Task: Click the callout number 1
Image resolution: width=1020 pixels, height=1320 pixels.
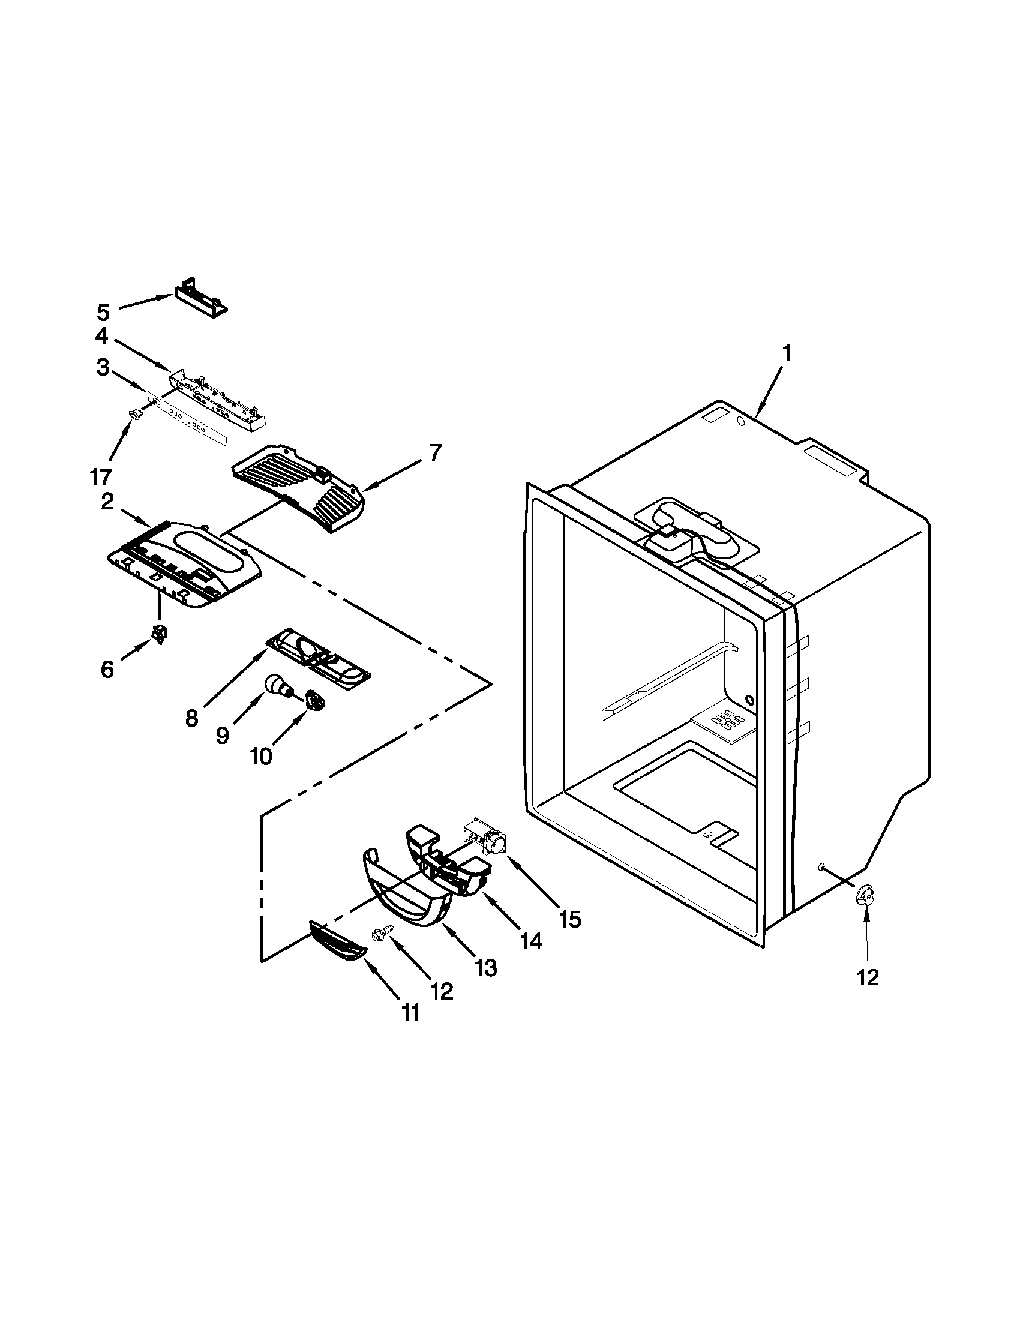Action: [x=785, y=352]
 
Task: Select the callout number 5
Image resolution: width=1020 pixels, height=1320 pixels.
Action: [x=103, y=313]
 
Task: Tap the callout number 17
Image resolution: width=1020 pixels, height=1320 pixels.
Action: [x=101, y=477]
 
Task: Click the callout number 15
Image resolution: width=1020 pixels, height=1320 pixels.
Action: [x=570, y=920]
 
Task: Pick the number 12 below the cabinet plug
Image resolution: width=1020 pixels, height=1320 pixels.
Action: [x=868, y=978]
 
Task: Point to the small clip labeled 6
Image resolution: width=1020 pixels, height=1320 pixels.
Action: [x=160, y=635]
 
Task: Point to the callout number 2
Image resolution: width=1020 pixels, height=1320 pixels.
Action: [x=107, y=502]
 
